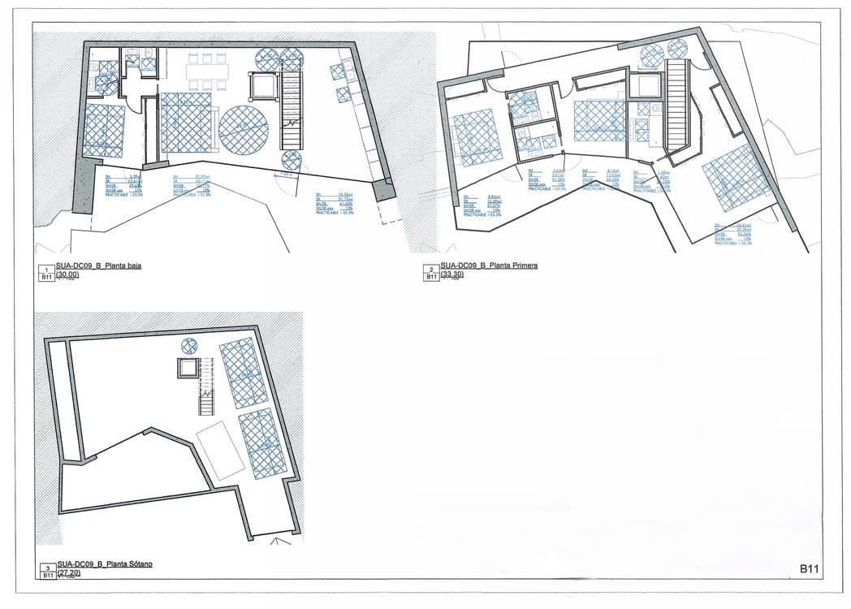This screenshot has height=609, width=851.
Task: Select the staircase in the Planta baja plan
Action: click(290, 110)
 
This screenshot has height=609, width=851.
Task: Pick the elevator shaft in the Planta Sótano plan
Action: click(188, 368)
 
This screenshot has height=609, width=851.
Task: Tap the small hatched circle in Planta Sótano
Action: click(189, 346)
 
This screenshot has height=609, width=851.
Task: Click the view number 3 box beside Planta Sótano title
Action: click(47, 568)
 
